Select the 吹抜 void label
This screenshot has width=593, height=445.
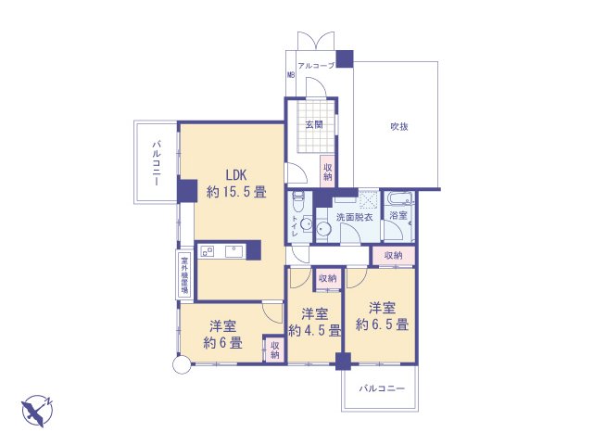pos(398,126)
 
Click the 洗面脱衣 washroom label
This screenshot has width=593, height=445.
pos(354,217)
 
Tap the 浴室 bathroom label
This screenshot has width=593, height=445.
pos(397,216)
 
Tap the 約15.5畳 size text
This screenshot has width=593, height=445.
pos(235,193)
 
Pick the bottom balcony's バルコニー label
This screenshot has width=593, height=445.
pos(383,388)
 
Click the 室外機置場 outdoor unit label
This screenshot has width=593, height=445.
pos(184,274)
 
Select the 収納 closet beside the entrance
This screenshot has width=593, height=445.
pos(327,172)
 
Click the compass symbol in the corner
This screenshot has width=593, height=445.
pos(37,408)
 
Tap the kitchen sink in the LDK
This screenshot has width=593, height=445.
pos(231,249)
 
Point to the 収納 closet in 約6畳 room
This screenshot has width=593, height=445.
pos(274,350)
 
